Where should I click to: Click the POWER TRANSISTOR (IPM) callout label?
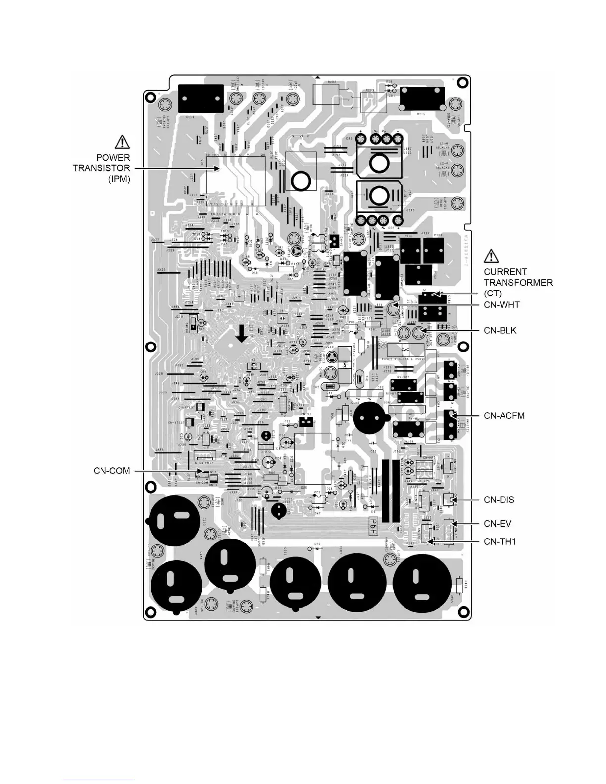pyautogui.click(x=101, y=168)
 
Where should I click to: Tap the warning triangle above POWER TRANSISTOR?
pyautogui.click(x=122, y=143)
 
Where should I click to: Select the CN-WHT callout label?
pyautogui.click(x=502, y=305)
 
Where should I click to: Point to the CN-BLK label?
pyautogui.click(x=500, y=330)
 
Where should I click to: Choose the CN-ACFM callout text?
pyautogui.click(x=504, y=416)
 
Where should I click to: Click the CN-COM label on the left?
pyautogui.click(x=112, y=470)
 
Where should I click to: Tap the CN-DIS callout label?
pyautogui.click(x=499, y=500)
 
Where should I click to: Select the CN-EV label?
pyautogui.click(x=498, y=524)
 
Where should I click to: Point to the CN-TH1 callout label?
pyautogui.click(x=500, y=541)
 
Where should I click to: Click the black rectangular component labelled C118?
pyautogui.click(x=200, y=98)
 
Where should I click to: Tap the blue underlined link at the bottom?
pyautogui.click(x=99, y=780)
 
